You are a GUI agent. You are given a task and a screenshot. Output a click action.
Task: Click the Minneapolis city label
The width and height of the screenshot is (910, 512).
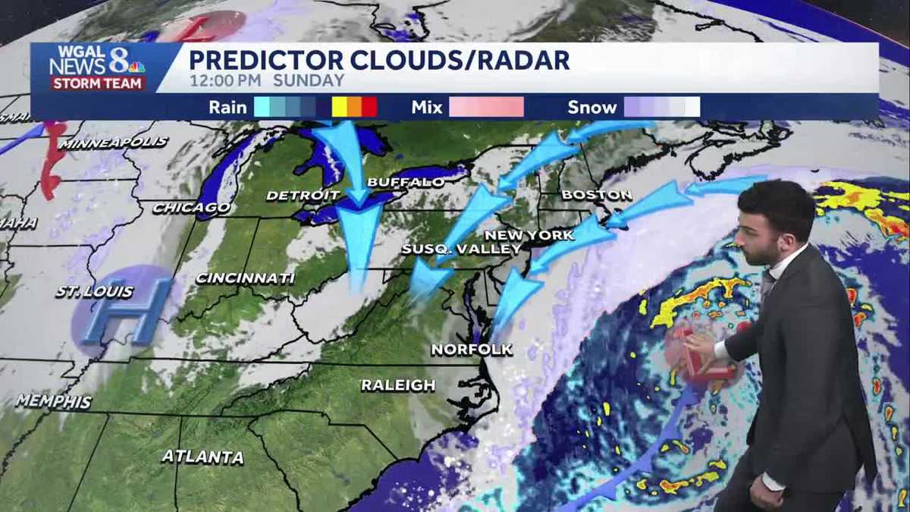pos(114,143)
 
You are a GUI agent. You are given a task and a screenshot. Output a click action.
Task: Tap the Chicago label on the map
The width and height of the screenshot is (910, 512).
pos(192,207)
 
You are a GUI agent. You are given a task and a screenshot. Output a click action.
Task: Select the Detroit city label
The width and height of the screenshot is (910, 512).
pos(297,196)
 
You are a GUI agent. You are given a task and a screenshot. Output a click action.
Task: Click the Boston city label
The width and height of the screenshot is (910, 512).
pos(597,195)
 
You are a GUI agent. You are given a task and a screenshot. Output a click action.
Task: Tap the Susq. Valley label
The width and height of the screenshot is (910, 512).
pos(462,249)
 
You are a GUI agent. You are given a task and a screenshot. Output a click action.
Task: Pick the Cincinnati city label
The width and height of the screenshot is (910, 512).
pos(245,278)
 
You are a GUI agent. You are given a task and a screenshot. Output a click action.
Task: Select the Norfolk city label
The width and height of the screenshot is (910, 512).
pos(472,349)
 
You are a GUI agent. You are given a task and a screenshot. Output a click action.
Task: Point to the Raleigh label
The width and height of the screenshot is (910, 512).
pos(398,385)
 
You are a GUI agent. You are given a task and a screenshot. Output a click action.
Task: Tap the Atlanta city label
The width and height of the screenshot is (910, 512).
pos(202,457)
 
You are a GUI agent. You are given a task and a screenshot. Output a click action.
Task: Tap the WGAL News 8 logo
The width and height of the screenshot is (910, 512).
pos(97,68)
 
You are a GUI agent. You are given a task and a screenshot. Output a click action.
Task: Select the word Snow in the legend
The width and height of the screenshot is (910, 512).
pos(592,108)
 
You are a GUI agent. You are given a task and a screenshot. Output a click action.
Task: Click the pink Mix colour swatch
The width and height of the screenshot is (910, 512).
pos(486,107)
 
